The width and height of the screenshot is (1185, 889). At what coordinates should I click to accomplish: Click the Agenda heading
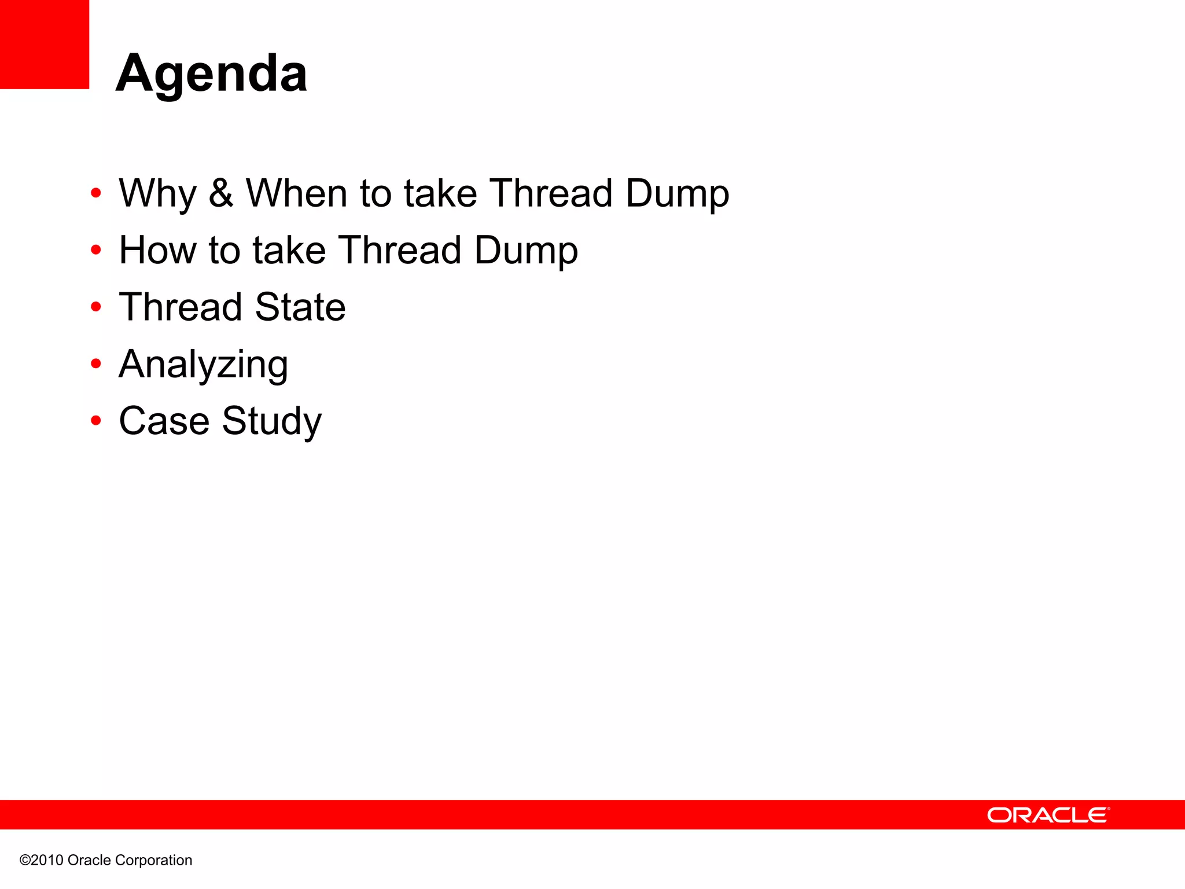pos(212,74)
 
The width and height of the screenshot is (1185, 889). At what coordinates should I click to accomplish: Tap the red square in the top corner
pos(45,44)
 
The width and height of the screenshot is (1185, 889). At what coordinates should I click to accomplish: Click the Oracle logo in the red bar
pos(1048,815)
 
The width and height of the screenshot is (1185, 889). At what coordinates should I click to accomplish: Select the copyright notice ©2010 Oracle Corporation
pos(106,860)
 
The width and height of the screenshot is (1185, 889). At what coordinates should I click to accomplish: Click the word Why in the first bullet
pos(157,193)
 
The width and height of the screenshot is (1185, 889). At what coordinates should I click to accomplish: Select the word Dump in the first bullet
pos(677,193)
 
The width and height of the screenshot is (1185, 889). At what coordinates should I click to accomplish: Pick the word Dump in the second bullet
pos(526,251)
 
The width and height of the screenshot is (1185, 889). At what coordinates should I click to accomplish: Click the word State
pos(300,307)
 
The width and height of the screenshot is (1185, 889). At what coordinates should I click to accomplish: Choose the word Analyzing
pos(203,365)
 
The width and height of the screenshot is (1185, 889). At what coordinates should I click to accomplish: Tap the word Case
pos(164,421)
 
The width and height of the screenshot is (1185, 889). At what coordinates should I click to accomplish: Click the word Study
pos(271,421)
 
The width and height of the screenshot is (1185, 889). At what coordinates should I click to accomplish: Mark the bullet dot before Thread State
pos(96,307)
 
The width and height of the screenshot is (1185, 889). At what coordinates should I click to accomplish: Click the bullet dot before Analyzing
pos(96,363)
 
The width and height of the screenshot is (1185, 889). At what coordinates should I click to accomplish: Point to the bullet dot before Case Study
pos(96,420)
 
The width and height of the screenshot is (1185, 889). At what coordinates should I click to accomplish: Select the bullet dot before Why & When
pos(96,193)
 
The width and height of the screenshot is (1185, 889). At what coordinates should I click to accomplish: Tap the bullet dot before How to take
pos(96,250)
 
